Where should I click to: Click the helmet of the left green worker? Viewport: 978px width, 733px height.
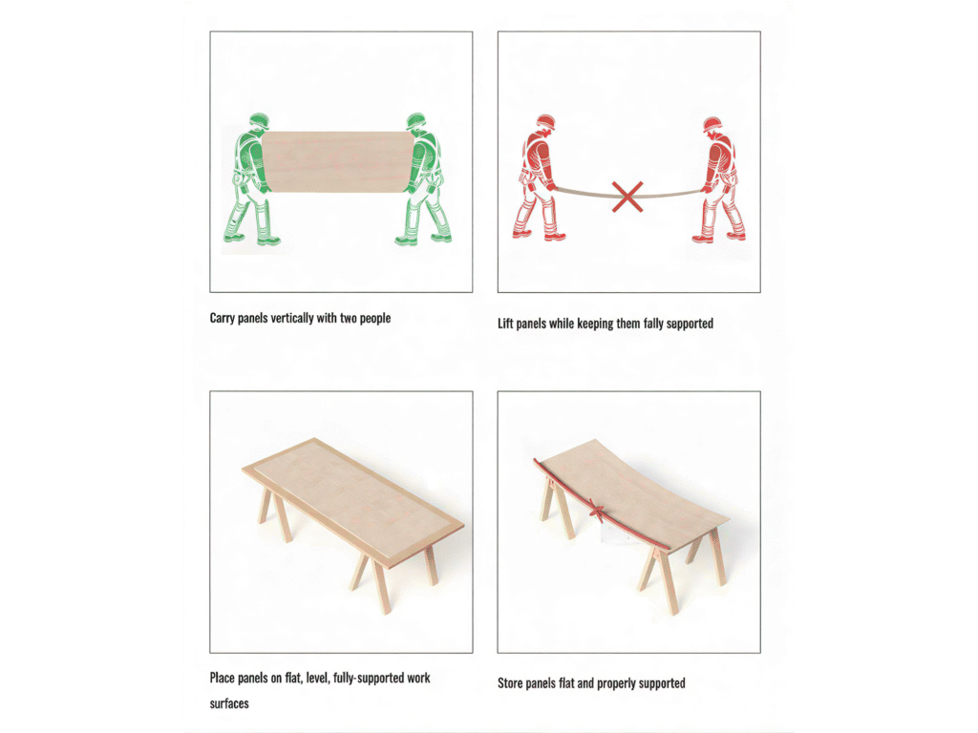click(259, 120)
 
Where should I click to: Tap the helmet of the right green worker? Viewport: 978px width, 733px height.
click(416, 120)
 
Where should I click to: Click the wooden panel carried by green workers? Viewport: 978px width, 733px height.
click(337, 161)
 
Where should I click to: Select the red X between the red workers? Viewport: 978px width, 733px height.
click(627, 197)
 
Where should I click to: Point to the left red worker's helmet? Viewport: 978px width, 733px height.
click(545, 121)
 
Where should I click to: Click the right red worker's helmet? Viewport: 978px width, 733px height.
click(712, 124)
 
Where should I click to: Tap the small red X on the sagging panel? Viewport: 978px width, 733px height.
click(596, 513)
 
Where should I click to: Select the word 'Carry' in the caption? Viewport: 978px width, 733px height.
click(222, 319)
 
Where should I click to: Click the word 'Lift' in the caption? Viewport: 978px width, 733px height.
click(505, 324)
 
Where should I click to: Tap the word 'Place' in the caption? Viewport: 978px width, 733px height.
click(222, 678)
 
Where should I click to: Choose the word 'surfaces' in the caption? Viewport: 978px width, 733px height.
click(229, 703)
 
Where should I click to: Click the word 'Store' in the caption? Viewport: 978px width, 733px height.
click(510, 683)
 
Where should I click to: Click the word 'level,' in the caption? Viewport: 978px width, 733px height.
click(317, 679)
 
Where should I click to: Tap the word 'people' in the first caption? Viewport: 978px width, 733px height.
click(374, 319)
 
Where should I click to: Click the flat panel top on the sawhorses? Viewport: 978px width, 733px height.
click(353, 502)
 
